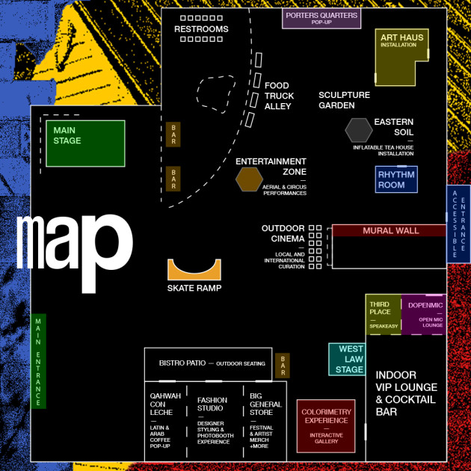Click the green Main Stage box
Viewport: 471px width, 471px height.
[x=85, y=144]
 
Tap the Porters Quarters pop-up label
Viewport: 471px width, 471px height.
[x=321, y=18]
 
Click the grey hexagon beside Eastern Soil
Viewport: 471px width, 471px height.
[x=359, y=130]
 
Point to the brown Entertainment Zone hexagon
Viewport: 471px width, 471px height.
[x=249, y=179]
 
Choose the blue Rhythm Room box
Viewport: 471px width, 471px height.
[x=396, y=179]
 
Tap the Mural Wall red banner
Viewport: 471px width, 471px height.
[x=390, y=230]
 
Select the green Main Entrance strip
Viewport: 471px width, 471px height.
[x=38, y=361]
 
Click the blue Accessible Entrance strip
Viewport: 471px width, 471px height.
[x=458, y=224]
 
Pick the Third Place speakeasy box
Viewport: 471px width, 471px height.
[x=384, y=315]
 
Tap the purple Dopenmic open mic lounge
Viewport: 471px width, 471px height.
[x=424, y=315]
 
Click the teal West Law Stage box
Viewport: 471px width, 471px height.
[x=347, y=360]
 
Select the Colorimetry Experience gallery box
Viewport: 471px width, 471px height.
[x=326, y=426]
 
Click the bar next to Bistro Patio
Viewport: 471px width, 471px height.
[x=283, y=366]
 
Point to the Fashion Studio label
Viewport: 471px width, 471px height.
[x=212, y=404]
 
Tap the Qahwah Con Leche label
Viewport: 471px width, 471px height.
[x=165, y=404]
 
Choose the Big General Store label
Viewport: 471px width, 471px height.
[x=265, y=404]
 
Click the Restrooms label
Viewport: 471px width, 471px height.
[x=201, y=29]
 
